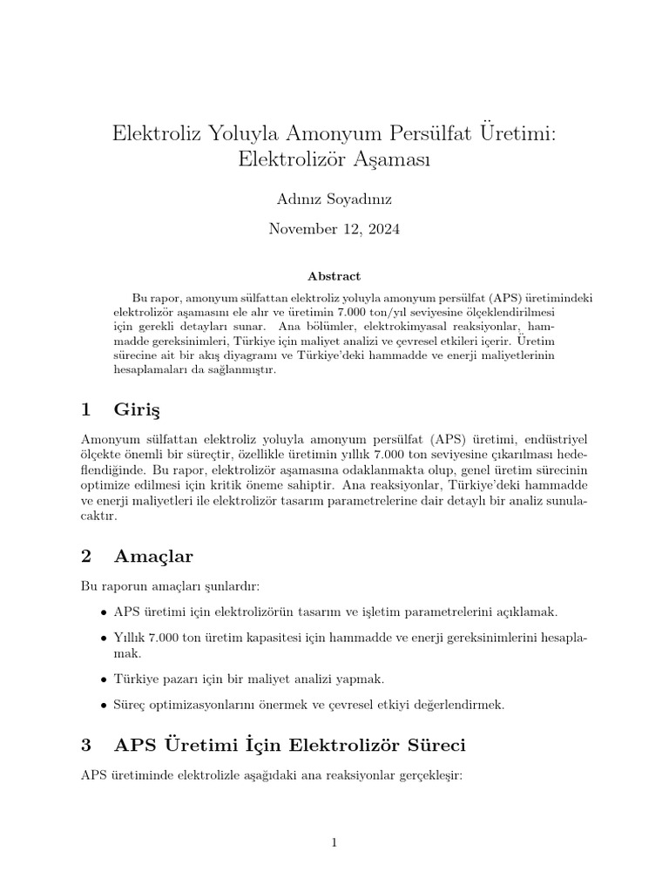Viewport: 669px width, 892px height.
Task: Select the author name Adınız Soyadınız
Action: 334,199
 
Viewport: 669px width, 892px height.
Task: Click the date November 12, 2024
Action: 334,230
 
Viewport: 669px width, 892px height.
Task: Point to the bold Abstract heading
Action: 334,276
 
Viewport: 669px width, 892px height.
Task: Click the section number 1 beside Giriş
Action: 85,409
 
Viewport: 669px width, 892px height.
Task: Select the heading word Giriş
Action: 138,409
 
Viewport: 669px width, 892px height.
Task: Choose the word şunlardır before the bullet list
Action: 226,583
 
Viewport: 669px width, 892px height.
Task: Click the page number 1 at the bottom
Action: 334,841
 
